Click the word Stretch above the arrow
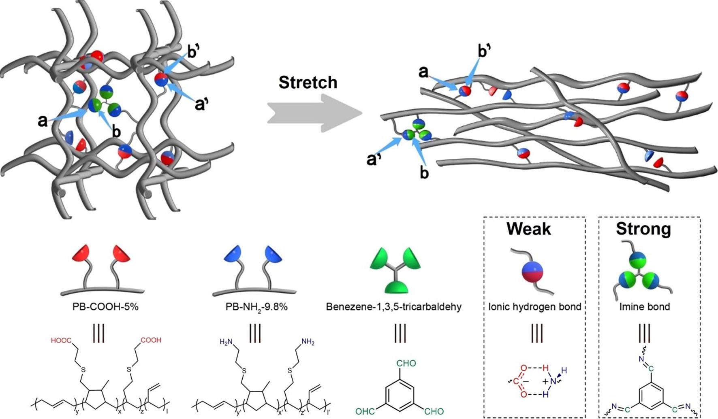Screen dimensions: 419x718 [308, 83]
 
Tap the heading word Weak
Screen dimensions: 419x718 [528, 229]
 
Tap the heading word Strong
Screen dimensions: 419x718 [643, 229]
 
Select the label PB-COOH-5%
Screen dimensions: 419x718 [105, 307]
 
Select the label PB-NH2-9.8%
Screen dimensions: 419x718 [256, 307]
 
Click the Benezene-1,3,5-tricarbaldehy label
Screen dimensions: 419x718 [393, 307]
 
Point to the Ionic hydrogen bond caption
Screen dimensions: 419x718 [534, 307]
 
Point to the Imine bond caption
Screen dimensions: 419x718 [644, 307]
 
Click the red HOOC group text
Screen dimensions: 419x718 [61, 341]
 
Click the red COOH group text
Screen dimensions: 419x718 [151, 340]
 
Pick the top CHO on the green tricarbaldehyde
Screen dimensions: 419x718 [406, 363]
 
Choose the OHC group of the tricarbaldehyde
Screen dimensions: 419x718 [365, 412]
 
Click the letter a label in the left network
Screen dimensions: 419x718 [42, 121]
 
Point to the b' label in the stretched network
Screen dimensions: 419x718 [485, 52]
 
